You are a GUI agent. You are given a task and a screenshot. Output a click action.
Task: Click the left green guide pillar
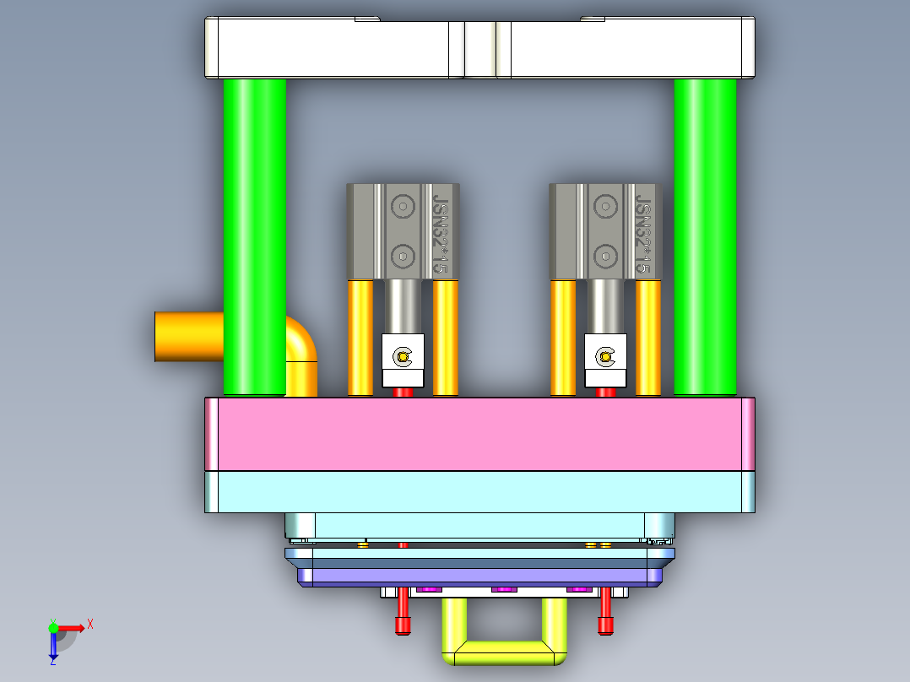point(254,236)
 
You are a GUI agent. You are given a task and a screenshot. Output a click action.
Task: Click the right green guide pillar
point(705,236)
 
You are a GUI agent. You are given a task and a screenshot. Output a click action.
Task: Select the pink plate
point(479,434)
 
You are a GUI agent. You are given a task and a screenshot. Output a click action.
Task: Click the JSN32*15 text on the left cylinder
point(439,233)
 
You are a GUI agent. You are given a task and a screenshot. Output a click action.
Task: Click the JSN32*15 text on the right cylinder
point(642,233)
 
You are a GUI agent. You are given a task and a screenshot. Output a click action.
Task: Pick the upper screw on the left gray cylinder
point(404,206)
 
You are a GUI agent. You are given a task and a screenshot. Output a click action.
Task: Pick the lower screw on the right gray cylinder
point(604,256)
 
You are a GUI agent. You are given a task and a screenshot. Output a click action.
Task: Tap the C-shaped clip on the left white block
point(403,357)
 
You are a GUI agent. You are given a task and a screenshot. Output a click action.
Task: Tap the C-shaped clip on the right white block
point(605,357)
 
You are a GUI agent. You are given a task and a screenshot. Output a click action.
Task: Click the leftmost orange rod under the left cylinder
point(360,338)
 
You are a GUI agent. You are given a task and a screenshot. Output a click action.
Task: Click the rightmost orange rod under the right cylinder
point(648,338)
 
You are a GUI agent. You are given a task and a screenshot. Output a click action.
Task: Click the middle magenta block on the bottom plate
point(504,588)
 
